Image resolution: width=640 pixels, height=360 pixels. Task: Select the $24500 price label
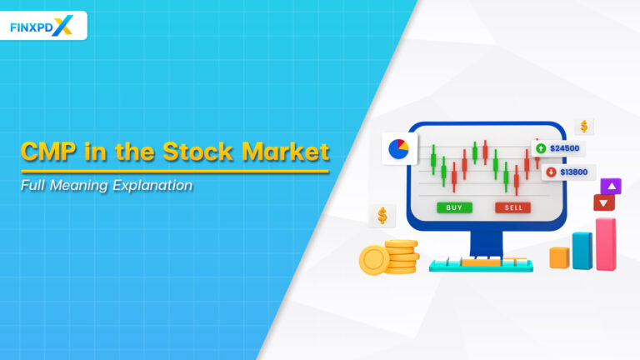coord(564,148)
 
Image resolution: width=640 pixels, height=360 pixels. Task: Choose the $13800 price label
coord(572,172)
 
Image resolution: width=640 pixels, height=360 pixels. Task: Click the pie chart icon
coord(398,149)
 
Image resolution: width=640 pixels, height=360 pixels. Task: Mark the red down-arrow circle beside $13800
coord(551,172)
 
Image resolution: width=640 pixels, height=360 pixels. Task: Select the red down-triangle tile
coord(603,202)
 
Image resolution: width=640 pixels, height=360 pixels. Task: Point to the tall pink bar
coord(606,244)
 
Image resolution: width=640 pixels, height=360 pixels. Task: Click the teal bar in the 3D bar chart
coord(582,250)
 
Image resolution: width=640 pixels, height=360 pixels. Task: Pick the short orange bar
coord(559,258)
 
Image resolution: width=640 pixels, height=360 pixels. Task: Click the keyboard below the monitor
coord(482,265)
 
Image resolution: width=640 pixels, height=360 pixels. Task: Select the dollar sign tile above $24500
coord(584,127)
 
